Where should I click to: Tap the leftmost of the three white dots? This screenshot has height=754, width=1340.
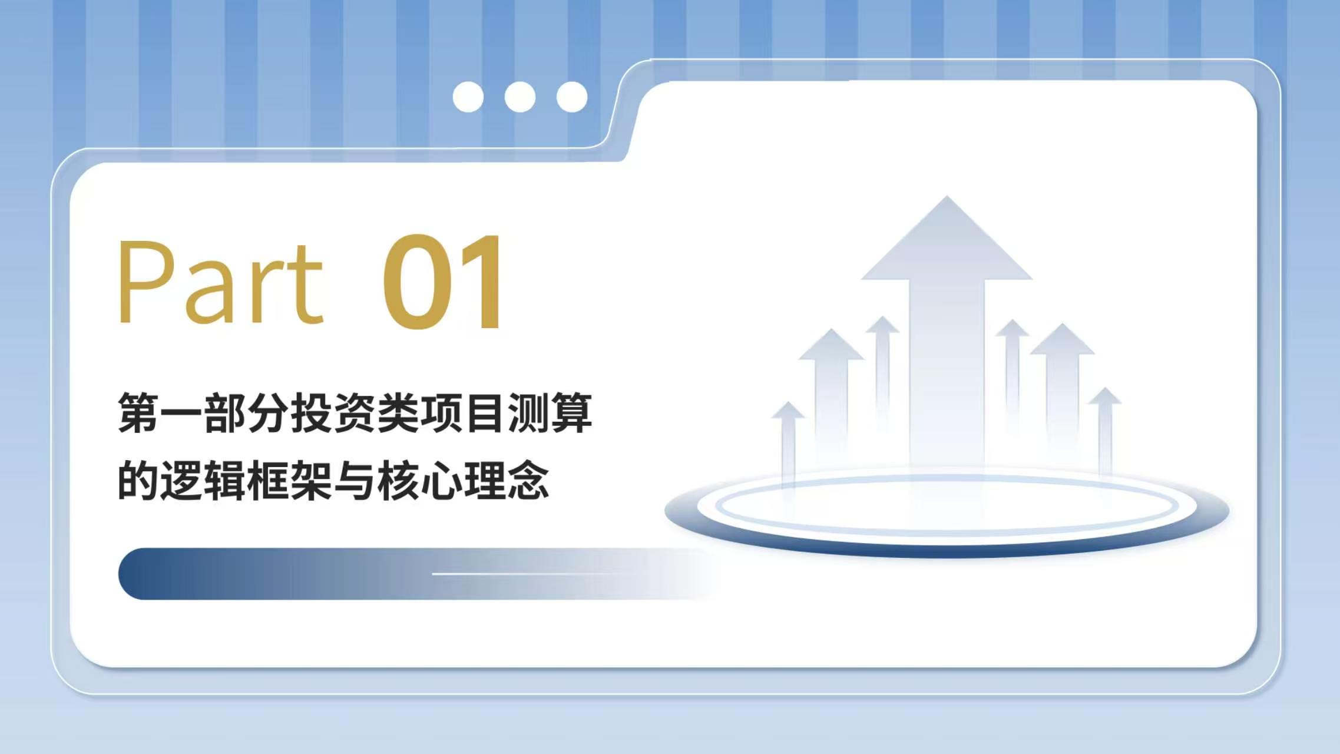click(x=468, y=97)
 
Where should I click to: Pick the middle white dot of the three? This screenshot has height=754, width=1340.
click(x=520, y=97)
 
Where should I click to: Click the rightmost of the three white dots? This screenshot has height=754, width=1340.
click(x=572, y=97)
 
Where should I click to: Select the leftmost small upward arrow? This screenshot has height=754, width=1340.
click(x=788, y=448)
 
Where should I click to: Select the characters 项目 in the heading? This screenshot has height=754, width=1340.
click(x=463, y=413)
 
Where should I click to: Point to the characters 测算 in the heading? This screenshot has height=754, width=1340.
click(x=550, y=413)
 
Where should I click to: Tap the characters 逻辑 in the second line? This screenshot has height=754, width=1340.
click(x=203, y=481)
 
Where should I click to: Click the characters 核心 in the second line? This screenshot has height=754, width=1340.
click(x=419, y=481)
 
